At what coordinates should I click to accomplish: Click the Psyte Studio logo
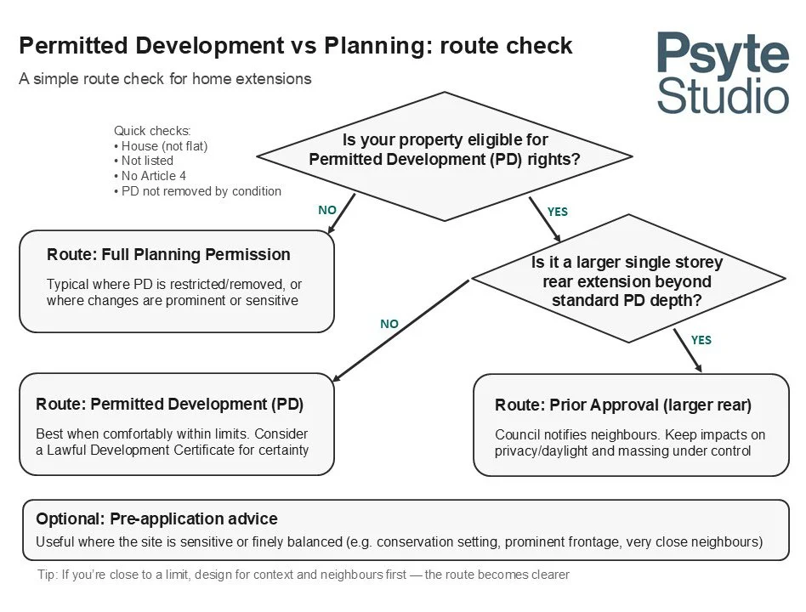(722, 72)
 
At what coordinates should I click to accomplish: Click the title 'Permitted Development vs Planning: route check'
(295, 46)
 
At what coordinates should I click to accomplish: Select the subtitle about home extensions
(165, 79)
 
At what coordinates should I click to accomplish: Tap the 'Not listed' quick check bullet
(146, 161)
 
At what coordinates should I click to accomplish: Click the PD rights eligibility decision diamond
(445, 157)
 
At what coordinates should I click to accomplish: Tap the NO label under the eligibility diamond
(327, 208)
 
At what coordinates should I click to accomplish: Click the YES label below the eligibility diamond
(557, 212)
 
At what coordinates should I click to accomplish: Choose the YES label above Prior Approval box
(701, 340)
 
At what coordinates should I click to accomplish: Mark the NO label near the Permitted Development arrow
(389, 324)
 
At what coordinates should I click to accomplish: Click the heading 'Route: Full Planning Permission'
(168, 255)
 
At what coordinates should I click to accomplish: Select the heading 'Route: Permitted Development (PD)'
(169, 404)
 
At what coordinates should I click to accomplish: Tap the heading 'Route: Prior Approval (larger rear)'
(623, 405)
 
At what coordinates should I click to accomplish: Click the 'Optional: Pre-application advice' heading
(156, 518)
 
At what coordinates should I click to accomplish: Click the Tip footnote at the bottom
(304, 575)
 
